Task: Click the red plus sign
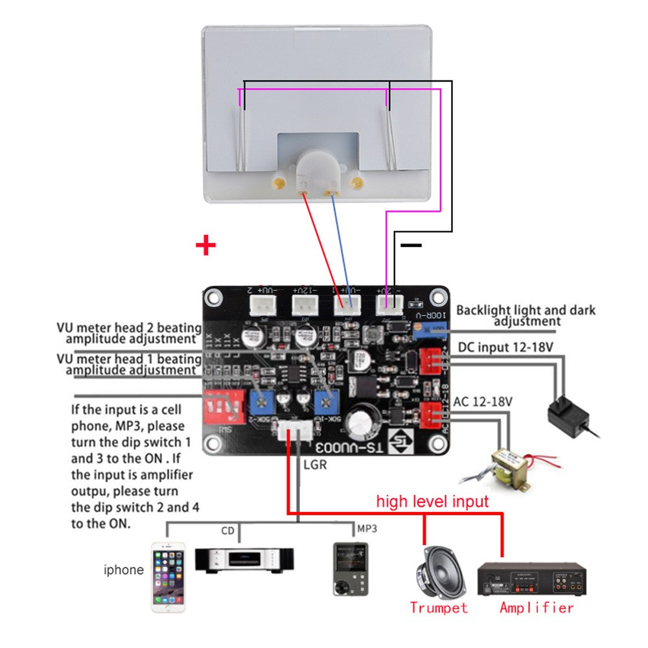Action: pos(205,246)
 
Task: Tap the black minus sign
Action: pos(411,246)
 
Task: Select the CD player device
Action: pos(245,559)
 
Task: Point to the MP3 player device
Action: pos(350,569)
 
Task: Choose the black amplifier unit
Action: pos(531,579)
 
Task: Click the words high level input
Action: pos(432,501)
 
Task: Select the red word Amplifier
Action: pos(537,608)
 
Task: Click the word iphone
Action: pos(124,570)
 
